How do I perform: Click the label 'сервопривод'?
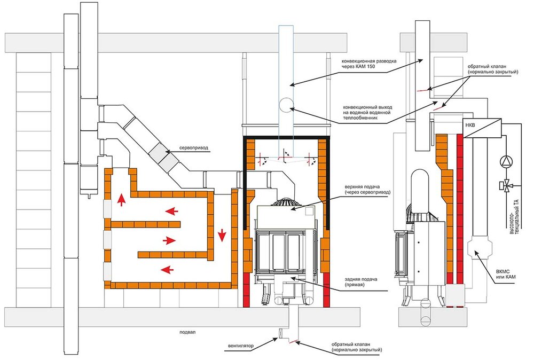(x=194, y=148)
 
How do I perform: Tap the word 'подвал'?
(x=187, y=332)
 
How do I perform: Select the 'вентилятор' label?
(x=241, y=346)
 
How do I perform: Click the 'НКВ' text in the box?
(x=470, y=126)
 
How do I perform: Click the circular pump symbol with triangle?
(x=506, y=161)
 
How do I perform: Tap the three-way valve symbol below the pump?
(x=506, y=186)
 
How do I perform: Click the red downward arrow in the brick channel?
(x=222, y=236)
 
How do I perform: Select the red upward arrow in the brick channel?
(x=121, y=200)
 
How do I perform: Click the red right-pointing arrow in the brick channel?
(x=169, y=241)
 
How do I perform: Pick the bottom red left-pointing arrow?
(x=167, y=270)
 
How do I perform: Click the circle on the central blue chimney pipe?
(x=286, y=105)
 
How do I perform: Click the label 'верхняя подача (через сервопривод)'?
(x=367, y=190)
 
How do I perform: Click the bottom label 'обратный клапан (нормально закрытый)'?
(x=357, y=347)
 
